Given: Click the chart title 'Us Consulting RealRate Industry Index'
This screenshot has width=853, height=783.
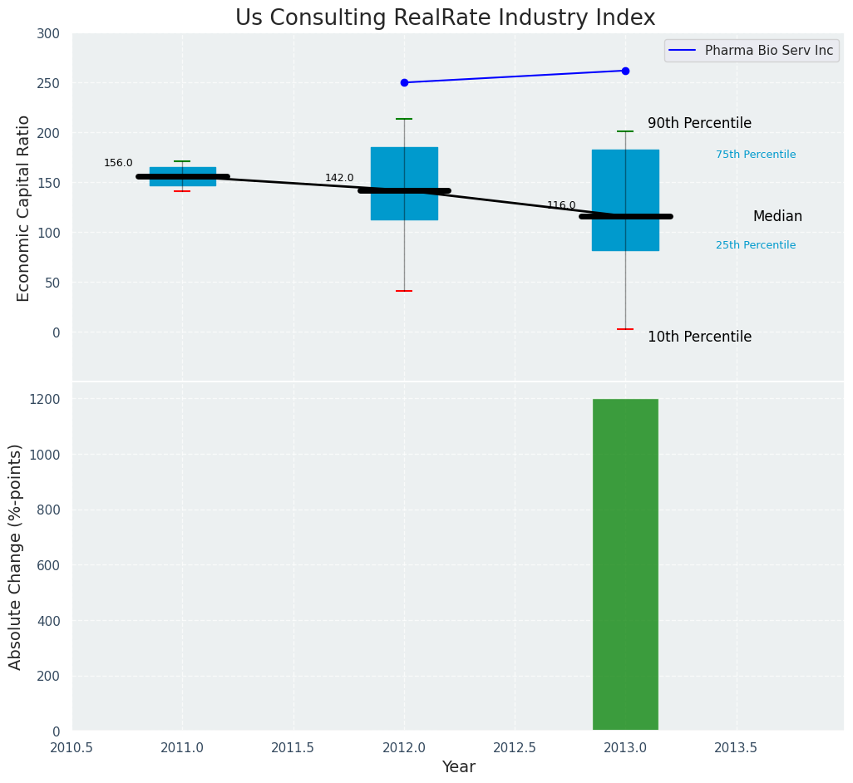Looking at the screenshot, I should [x=445, y=18].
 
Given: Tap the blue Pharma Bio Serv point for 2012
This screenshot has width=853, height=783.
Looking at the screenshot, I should [x=404, y=83].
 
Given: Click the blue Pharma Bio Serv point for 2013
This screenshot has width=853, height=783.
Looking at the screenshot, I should [x=625, y=71].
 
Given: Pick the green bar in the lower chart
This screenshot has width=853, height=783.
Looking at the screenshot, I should [x=625, y=565].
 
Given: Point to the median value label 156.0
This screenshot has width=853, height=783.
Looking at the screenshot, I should [x=118, y=164].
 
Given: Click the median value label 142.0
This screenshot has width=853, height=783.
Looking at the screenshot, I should [x=339, y=179].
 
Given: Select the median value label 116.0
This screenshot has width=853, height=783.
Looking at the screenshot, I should [x=561, y=205].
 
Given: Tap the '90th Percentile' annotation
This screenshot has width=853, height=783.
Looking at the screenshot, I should [x=699, y=124].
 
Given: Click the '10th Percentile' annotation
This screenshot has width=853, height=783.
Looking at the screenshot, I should [x=699, y=337].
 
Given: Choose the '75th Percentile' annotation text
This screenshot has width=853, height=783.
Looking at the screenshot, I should [x=756, y=155].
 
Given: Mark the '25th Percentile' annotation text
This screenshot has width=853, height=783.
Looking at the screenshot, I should [x=756, y=245].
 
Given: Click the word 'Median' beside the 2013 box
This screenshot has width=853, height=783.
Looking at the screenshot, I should [x=777, y=217].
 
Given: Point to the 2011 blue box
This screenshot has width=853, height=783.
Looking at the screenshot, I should [x=182, y=176].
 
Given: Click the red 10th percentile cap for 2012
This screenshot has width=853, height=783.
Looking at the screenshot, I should [x=404, y=291].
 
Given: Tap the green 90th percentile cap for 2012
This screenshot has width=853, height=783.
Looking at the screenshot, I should [x=404, y=119].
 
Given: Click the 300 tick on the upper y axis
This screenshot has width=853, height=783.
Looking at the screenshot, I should [x=49, y=33].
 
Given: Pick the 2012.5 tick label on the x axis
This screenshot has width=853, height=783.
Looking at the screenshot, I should [x=515, y=748].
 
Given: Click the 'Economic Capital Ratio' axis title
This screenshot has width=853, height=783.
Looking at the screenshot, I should [x=24, y=208].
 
